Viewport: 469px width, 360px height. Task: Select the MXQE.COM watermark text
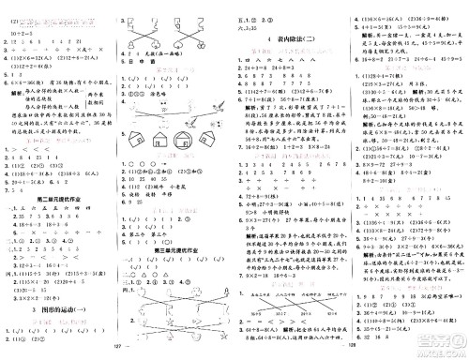coord(433,346)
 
